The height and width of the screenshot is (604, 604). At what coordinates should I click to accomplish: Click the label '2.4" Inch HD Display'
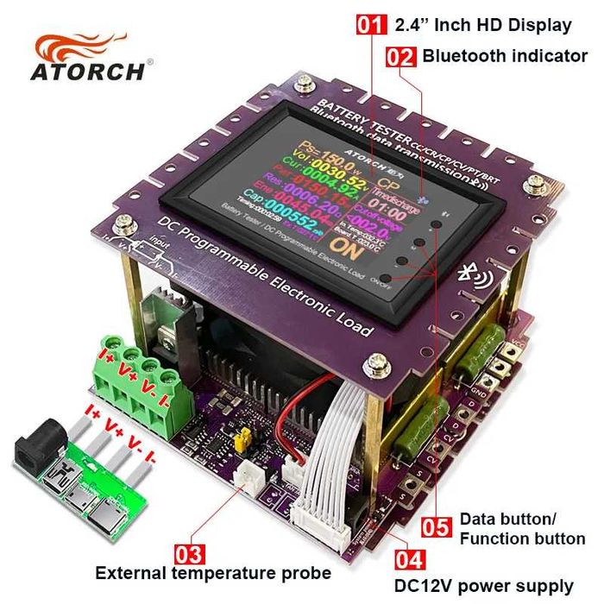(x=482, y=25)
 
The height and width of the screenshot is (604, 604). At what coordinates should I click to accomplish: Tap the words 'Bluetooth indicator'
(x=505, y=57)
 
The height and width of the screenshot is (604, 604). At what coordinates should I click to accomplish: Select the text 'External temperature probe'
(x=213, y=573)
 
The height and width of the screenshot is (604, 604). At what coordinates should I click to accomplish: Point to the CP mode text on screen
(x=389, y=185)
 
